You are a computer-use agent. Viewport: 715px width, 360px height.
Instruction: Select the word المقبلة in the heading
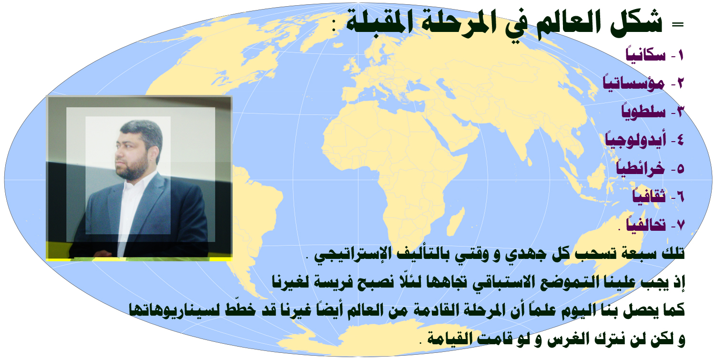(x=376, y=23)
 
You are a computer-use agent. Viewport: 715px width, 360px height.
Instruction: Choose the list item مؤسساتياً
(x=634, y=83)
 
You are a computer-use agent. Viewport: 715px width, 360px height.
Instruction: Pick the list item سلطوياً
(x=643, y=111)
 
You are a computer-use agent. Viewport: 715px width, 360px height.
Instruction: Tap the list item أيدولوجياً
(x=635, y=140)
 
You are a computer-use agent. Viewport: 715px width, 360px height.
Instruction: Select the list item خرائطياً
(x=640, y=167)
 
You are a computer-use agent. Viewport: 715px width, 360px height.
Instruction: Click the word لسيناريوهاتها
(x=174, y=310)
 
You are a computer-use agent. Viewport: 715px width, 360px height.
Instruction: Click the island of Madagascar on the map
(x=455, y=221)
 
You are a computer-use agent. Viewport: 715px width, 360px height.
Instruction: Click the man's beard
(x=133, y=168)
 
